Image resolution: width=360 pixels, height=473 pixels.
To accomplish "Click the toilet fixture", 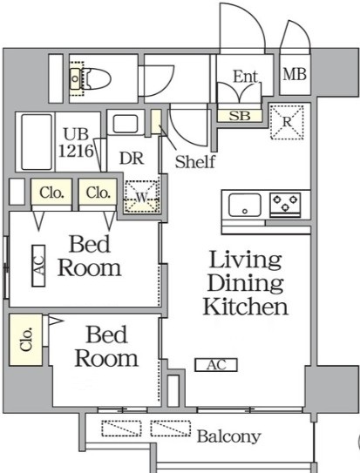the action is coord(91,78).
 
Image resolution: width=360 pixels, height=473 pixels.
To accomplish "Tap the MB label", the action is coord(295,74).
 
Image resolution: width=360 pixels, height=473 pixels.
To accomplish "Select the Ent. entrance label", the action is coord(246,77).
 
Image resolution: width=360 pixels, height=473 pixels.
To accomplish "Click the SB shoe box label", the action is coord(240,116).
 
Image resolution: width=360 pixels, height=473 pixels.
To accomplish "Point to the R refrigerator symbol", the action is coord(287,122).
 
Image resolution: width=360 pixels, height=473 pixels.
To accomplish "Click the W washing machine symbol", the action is coord(141,197).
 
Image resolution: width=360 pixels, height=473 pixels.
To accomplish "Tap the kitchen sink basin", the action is coord(245,205).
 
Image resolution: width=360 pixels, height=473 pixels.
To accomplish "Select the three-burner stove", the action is coord(285,205).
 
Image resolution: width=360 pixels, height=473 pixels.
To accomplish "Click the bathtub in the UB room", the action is coord(37,142).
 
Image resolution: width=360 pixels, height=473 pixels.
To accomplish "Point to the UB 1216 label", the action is coord(76,143).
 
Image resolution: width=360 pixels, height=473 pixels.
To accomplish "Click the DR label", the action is coord(132,159).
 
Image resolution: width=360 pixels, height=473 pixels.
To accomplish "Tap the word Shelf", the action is coord(195,161).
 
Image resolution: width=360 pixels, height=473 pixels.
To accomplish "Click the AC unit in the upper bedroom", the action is coord(38,266).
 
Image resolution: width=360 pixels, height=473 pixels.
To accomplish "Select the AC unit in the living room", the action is coord(216,365).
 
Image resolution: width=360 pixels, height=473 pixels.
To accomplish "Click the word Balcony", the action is coord(228,436).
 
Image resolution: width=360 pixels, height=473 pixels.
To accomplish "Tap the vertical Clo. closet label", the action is coord(26,339).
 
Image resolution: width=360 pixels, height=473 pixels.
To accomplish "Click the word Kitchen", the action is coord(245,307).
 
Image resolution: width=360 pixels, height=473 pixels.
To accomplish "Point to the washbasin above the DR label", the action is coord(126,124).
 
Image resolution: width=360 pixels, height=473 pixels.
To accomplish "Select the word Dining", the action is coord(245,283).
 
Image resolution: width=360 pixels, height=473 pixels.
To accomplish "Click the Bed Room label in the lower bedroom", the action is coord(106,347).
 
